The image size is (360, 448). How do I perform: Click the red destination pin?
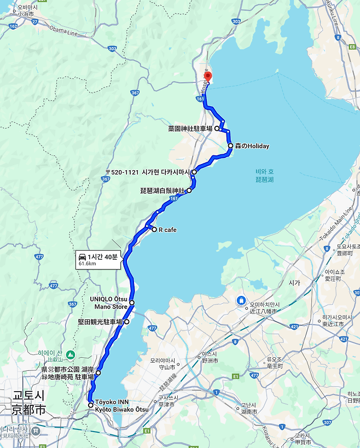tap(207, 77)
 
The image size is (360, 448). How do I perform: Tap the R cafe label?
tap(167, 230)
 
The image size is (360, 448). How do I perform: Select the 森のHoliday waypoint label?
tap(252, 146)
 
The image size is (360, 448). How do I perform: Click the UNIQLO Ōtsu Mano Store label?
tap(109, 302)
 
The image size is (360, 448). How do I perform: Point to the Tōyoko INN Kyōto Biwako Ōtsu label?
tap(121, 405)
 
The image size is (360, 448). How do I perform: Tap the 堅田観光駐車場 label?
tap(100, 322)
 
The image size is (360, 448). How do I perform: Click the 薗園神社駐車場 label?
tap(190, 129)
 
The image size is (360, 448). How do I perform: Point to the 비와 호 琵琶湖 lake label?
tap(264, 176)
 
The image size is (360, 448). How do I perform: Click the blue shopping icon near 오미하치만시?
tap(241, 300)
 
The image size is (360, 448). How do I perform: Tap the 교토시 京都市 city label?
tap(30, 402)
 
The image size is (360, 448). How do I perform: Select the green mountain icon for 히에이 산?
tap(70, 356)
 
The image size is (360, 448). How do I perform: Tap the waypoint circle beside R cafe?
tap(154, 230)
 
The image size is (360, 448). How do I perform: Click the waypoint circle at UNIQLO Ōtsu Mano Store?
tap(132, 302)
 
